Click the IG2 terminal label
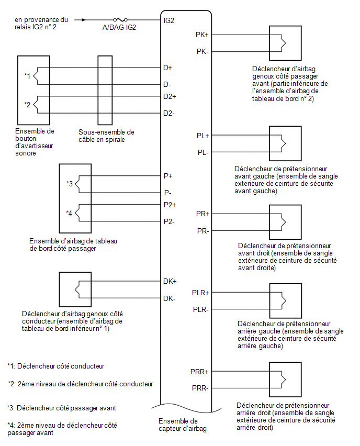pyautogui.click(x=169, y=20)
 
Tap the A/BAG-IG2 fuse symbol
pyautogui.click(x=120, y=19)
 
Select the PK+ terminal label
pyautogui.click(x=202, y=35)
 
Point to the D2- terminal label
pyautogui.click(x=168, y=113)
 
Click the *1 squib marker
pyautogui.click(x=27, y=76)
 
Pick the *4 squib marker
pyautogui.click(x=69, y=213)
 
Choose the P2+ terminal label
pyautogui.click(x=170, y=205)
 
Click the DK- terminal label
pyautogui.click(x=169, y=298)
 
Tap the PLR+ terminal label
pyautogui.click(x=200, y=293)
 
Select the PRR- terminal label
pyautogui.click(x=200, y=388)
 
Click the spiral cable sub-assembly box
pyautogui.click(x=105, y=90)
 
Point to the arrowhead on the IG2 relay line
pyautogui.click(x=84, y=20)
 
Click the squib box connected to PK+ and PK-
pyautogui.click(x=285, y=43)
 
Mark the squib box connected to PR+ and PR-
pyautogui.click(x=285, y=222)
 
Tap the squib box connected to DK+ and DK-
pyautogui.click(x=75, y=289)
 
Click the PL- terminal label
pyautogui.click(x=203, y=153)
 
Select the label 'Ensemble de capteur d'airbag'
pyautogui.click(x=183, y=425)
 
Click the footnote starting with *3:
pyautogui.click(x=61, y=408)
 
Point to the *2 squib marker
pyautogui.click(x=27, y=105)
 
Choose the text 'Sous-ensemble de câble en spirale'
pyautogui.click(x=106, y=136)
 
